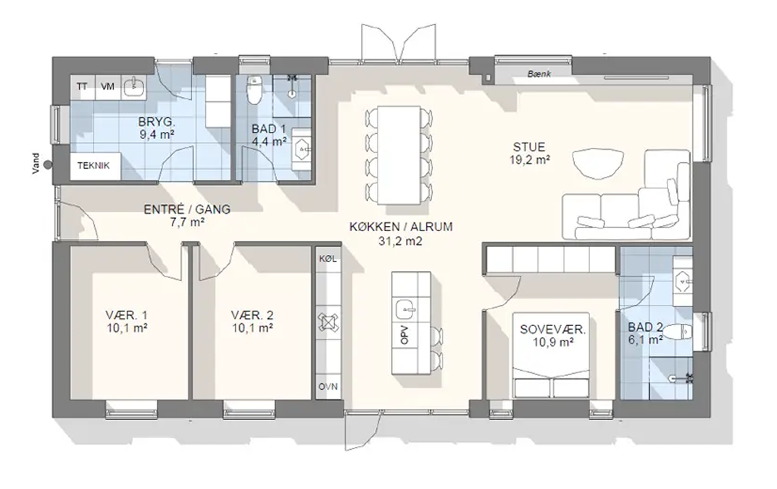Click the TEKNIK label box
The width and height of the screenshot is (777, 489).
click(94, 166)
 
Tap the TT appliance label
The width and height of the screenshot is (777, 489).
click(82, 87)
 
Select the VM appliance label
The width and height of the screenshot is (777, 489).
click(107, 87)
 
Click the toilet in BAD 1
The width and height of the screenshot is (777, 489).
click(254, 90)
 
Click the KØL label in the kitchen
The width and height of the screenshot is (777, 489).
click(328, 259)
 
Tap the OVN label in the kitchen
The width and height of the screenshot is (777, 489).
click(328, 386)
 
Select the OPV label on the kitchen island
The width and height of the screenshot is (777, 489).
click(405, 335)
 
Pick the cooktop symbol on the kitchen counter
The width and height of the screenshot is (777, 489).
click(328, 322)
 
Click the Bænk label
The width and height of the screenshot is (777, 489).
click(539, 74)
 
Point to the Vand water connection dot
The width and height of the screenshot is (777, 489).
click(48, 165)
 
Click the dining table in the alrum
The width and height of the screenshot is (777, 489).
click(399, 155)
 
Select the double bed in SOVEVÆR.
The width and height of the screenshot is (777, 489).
click(551, 355)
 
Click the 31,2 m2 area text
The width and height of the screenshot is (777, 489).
click(400, 241)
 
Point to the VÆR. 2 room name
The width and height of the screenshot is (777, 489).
click(252, 315)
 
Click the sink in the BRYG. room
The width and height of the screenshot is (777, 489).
click(133, 86)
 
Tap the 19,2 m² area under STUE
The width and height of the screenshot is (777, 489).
click(529, 159)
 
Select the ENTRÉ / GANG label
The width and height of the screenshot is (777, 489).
click(187, 209)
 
